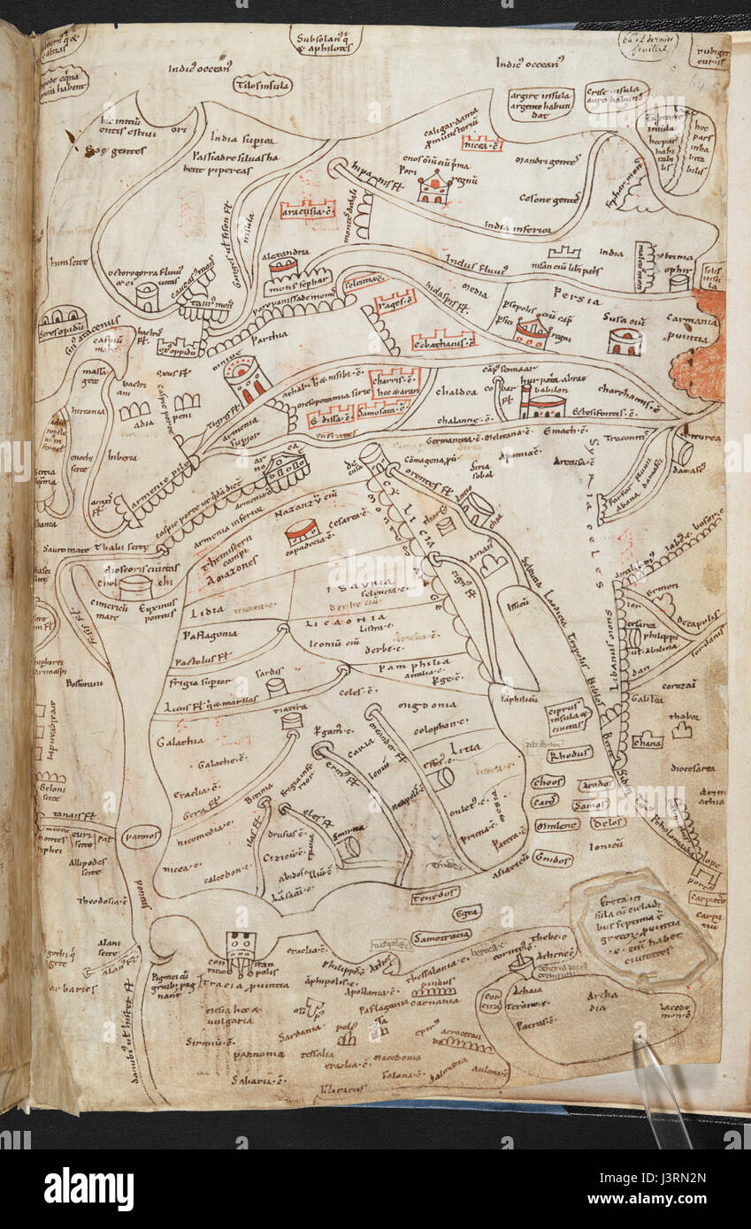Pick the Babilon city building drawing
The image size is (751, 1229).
pos(541,403)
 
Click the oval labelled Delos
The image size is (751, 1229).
pos(608,823)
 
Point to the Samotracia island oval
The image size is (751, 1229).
pos(441,935)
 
